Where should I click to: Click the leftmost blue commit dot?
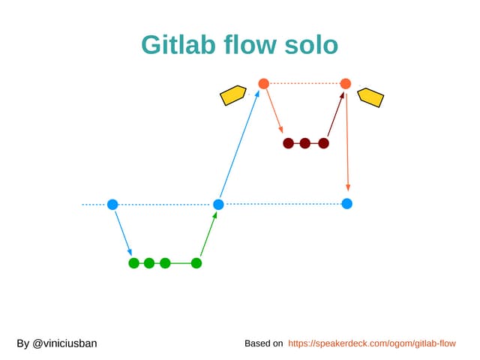[x=112, y=204]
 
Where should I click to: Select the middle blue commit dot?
[x=218, y=204]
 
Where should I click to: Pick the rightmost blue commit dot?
[x=346, y=203]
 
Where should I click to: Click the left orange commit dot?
[x=263, y=83]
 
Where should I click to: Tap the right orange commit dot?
[x=345, y=83]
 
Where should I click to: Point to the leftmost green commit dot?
[x=133, y=262]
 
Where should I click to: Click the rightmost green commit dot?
[x=196, y=262]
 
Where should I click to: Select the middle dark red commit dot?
[x=305, y=142]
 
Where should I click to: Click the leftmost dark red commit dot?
[x=288, y=142]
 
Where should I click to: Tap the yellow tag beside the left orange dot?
[x=233, y=95]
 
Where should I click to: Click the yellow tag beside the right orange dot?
[x=370, y=97]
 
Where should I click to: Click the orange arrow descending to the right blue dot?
[x=347, y=142]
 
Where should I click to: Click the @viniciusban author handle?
[x=57, y=343]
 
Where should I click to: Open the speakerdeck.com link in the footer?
[x=372, y=343]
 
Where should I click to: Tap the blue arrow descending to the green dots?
[x=123, y=233]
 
